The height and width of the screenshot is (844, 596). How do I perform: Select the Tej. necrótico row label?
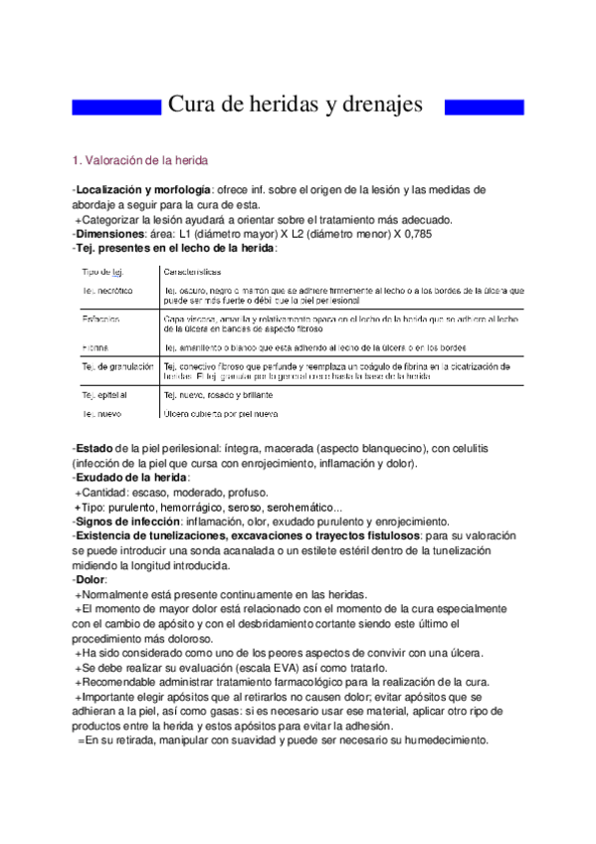[108, 290]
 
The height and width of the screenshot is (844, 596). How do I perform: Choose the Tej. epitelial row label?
[106, 395]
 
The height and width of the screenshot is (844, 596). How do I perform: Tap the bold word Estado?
[95, 449]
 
